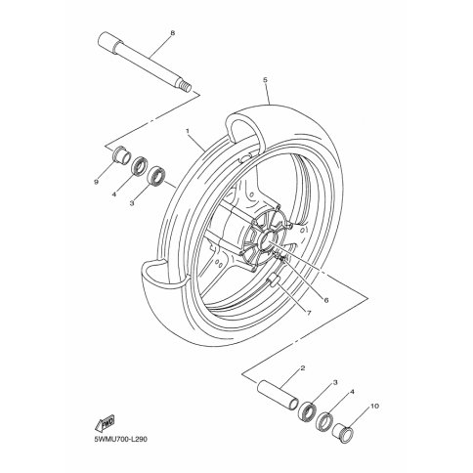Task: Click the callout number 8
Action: pyautogui.click(x=172, y=33)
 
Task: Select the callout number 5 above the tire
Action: pyautogui.click(x=265, y=79)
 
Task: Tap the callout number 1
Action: pyautogui.click(x=188, y=131)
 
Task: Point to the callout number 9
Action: pyautogui.click(x=96, y=183)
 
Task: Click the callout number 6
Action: pyautogui.click(x=326, y=300)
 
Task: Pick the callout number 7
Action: pyautogui.click(x=309, y=313)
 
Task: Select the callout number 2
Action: pyautogui.click(x=303, y=368)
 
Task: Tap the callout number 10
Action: pyautogui.click(x=375, y=407)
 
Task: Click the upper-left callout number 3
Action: pyautogui.click(x=132, y=203)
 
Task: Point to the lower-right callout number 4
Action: pyautogui.click(x=352, y=393)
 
